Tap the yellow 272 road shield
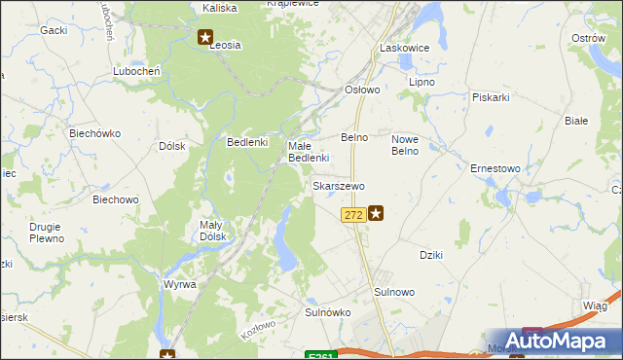(x=353, y=214)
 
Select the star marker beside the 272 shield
(x=375, y=213)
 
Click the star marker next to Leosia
(x=204, y=38)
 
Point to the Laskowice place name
(x=404, y=47)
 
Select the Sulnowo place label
(x=394, y=292)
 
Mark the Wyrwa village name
(x=180, y=284)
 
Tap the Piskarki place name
(x=492, y=97)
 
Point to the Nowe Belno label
(x=404, y=144)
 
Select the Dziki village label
(x=431, y=255)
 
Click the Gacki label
(x=54, y=30)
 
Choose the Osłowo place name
(x=363, y=89)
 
